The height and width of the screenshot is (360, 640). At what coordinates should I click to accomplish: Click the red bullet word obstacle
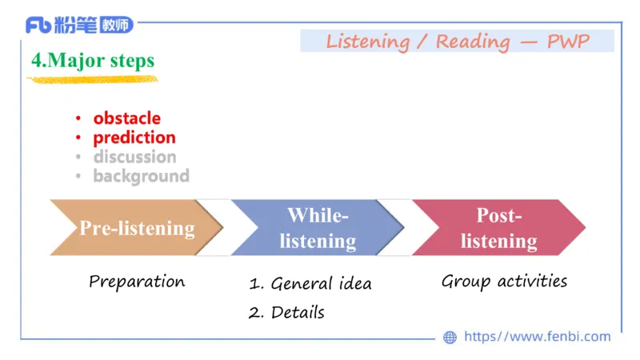[126, 118]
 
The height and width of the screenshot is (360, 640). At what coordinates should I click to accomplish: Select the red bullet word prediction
[134, 138]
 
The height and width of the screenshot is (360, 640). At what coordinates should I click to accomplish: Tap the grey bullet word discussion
[134, 157]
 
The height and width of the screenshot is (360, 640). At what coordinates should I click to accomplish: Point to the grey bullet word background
[141, 176]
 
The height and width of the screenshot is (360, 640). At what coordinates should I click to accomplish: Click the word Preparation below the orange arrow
[137, 282]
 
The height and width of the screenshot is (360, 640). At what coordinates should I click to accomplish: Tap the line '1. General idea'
[310, 284]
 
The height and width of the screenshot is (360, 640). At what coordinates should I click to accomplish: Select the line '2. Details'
[286, 313]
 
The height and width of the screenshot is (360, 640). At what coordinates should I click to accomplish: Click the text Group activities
[504, 282]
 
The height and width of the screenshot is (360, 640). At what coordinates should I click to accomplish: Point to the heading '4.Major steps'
[93, 61]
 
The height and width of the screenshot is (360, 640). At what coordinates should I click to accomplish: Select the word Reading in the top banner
[472, 42]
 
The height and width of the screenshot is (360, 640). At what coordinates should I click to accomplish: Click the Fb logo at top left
[39, 25]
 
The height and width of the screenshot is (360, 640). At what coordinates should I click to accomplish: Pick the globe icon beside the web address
[450, 338]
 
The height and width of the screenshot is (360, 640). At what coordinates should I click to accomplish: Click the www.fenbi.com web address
[537, 337]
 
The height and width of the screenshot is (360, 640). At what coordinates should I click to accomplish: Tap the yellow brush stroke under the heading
[92, 79]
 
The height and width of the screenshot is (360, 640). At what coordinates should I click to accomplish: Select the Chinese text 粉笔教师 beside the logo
[95, 25]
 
